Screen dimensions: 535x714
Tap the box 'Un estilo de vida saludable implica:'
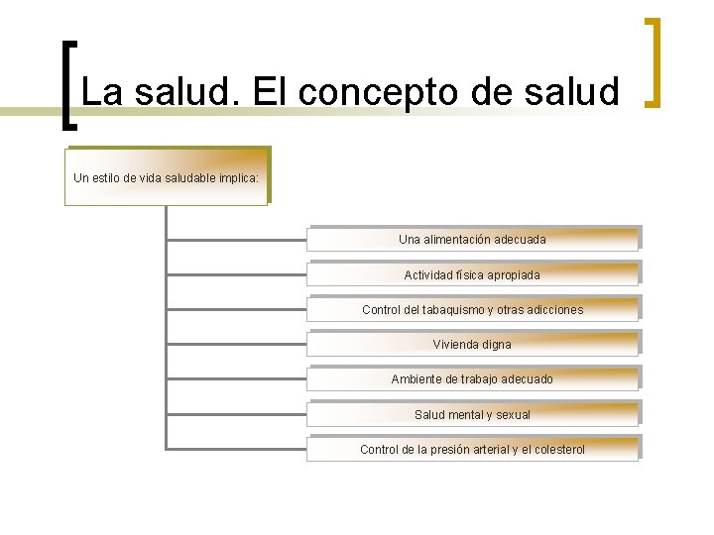click(x=167, y=178)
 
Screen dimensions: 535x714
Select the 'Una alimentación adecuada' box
click(x=472, y=240)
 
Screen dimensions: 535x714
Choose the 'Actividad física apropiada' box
click(x=472, y=274)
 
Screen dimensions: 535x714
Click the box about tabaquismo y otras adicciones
click(x=472, y=310)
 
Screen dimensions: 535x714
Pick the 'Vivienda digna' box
click(x=472, y=345)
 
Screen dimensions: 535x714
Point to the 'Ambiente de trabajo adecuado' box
click(x=472, y=379)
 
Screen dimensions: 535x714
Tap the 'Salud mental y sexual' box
click(x=472, y=415)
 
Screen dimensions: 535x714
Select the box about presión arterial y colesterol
click(x=472, y=450)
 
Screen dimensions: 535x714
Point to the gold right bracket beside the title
click(x=653, y=61)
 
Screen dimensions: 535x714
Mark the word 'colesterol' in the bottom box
click(x=556, y=450)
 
